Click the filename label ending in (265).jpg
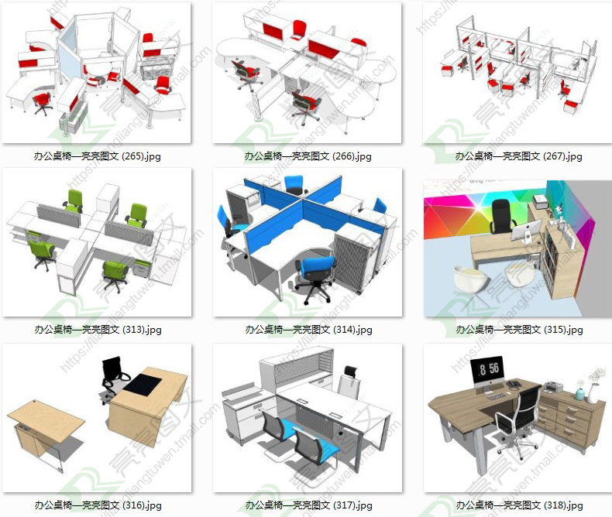[x=98, y=156]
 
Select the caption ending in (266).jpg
[x=308, y=156]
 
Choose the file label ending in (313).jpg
[x=98, y=330]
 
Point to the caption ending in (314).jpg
[x=308, y=330]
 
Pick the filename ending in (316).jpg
[x=98, y=505]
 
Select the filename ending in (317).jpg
[x=308, y=505]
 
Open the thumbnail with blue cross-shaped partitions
[x=308, y=242]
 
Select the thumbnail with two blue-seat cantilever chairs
[x=308, y=418]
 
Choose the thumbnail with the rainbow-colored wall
[x=517, y=242]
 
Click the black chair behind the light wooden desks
[x=115, y=376]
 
